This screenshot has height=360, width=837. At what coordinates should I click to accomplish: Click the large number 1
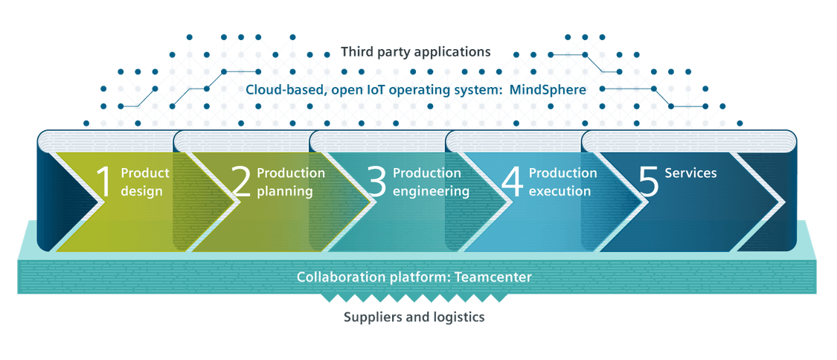104,182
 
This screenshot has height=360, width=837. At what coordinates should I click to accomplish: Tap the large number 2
241,182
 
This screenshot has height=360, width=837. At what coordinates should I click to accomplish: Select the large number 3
377,182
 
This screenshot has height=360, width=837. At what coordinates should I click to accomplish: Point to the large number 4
513,182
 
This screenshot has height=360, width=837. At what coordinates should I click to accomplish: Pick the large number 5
649,182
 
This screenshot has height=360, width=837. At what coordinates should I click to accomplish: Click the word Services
690,173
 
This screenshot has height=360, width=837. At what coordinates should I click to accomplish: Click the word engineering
431,191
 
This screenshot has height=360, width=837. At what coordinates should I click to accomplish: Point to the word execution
559,191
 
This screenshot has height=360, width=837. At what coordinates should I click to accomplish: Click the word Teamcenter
495,277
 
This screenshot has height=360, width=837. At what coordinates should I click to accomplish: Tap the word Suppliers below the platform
373,318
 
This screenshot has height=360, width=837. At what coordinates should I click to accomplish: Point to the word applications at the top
452,52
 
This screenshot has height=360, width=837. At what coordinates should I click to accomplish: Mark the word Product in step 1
145,173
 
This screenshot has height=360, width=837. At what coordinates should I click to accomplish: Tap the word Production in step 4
562,173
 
